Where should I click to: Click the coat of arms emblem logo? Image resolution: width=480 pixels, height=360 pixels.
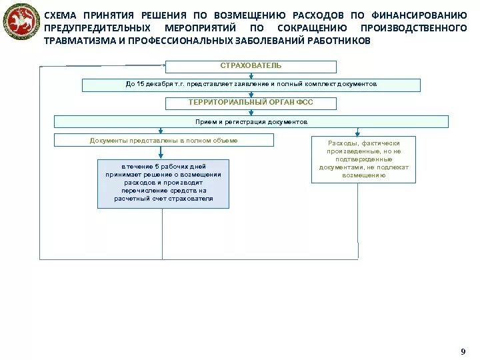[21, 23]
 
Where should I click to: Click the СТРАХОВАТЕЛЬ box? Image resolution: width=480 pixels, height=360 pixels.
[251, 66]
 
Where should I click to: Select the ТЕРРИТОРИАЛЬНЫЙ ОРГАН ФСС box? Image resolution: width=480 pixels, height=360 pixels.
[251, 103]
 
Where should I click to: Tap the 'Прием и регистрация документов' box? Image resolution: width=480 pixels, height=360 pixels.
[251, 122]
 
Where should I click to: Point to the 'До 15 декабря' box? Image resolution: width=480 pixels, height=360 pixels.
[251, 85]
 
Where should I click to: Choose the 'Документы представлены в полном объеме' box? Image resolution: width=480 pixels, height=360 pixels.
[163, 140]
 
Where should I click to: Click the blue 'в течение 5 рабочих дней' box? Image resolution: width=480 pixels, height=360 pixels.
[163, 183]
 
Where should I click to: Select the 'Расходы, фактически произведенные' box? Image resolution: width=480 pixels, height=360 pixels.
[363, 159]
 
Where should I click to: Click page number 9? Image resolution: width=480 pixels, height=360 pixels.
[463, 351]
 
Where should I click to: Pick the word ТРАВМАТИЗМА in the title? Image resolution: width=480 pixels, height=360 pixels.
[75, 41]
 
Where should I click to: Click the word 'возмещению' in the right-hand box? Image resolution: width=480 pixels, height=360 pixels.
[363, 175]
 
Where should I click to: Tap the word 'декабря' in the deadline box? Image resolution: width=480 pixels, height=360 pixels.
[156, 85]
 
